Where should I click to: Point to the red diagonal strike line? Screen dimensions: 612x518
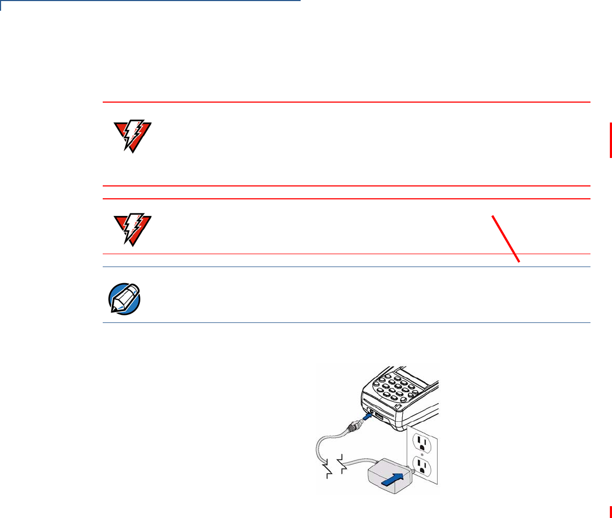[x=506, y=239]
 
